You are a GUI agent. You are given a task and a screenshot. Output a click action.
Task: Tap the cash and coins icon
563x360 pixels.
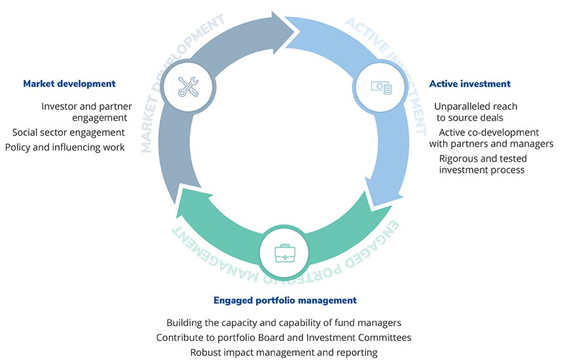[x=380, y=87]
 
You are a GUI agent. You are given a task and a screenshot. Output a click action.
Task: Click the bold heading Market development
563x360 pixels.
[x=69, y=84]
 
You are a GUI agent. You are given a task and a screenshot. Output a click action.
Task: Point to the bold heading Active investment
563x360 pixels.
[x=469, y=84]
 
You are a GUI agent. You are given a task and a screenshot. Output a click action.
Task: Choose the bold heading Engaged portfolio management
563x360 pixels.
[x=285, y=300]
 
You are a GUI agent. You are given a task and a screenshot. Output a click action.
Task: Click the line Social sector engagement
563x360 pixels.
[x=68, y=133]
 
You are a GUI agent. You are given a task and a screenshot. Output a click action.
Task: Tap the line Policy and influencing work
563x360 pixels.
[x=64, y=147]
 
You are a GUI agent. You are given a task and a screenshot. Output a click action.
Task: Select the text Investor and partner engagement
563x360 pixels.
[x=86, y=112]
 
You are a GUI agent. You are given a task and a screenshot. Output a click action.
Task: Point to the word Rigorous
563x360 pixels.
[x=458, y=158]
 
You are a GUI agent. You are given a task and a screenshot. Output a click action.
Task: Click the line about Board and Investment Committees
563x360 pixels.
[x=283, y=338]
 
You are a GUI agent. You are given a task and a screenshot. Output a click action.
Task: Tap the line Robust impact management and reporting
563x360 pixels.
[x=283, y=353]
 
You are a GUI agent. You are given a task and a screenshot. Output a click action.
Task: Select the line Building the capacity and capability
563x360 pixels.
[x=283, y=323]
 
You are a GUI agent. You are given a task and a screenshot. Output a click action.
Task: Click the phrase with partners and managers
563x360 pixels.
[x=491, y=144]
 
